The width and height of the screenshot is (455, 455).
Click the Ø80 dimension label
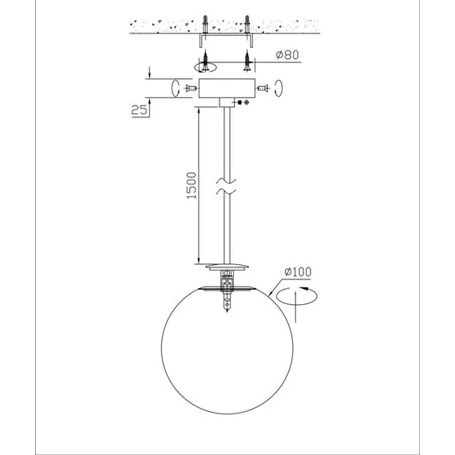[287, 54]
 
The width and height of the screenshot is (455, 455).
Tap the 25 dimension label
[139, 110]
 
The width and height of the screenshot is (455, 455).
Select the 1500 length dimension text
[192, 185]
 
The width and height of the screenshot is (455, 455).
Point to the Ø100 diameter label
[298, 272]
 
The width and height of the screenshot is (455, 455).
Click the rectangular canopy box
[227, 89]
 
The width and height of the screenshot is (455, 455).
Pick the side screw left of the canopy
[191, 88]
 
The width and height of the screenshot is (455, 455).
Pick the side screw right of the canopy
[263, 88]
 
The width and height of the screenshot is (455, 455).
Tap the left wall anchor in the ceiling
[205, 24]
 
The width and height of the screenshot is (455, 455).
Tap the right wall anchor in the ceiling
[247, 24]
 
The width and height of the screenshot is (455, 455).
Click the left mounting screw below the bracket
[205, 60]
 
